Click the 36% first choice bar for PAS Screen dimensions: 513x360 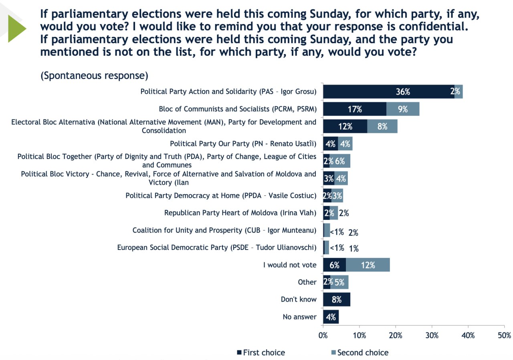click(x=389, y=92)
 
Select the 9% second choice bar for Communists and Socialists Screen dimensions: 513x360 click(x=403, y=109)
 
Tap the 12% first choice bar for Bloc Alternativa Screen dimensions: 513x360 click(x=345, y=126)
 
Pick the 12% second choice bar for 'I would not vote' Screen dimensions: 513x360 click(x=368, y=265)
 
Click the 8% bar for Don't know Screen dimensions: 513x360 click(x=337, y=300)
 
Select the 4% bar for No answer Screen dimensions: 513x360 click(x=331, y=317)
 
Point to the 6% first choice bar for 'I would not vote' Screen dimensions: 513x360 click(x=334, y=265)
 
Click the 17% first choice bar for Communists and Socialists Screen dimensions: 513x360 click(x=355, y=109)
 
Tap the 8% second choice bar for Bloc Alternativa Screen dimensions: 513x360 click(x=382, y=126)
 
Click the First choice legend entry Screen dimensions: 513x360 click(x=261, y=352)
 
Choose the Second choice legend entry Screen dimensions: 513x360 click(x=360, y=352)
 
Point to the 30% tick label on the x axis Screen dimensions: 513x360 click(x=432, y=336)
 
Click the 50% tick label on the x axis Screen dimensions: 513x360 click(x=505, y=336)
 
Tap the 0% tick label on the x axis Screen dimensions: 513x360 click(x=323, y=336)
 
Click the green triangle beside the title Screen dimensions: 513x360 click(x=17, y=28)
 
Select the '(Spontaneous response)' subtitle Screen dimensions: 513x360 click(x=94, y=76)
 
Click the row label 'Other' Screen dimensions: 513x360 click(x=307, y=282)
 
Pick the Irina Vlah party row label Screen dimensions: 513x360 click(x=240, y=213)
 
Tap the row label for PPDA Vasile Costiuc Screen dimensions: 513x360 click(x=221, y=196)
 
